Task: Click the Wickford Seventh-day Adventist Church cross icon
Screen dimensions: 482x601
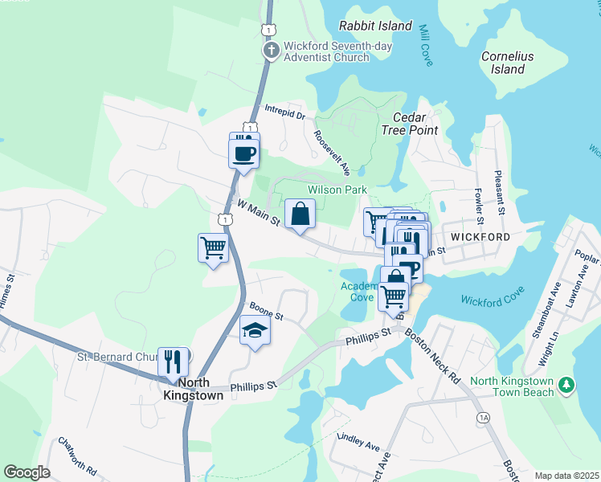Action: pyautogui.click(x=272, y=50)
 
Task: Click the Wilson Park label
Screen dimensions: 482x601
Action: pyautogui.click(x=337, y=190)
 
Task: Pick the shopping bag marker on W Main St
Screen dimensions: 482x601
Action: pyautogui.click(x=300, y=214)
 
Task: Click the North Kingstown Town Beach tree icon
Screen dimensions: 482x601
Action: pyautogui.click(x=567, y=386)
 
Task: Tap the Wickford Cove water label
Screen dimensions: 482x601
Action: pyautogui.click(x=492, y=300)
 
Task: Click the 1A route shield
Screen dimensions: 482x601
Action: pyautogui.click(x=482, y=418)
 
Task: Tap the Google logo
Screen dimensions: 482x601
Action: pyautogui.click(x=27, y=472)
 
